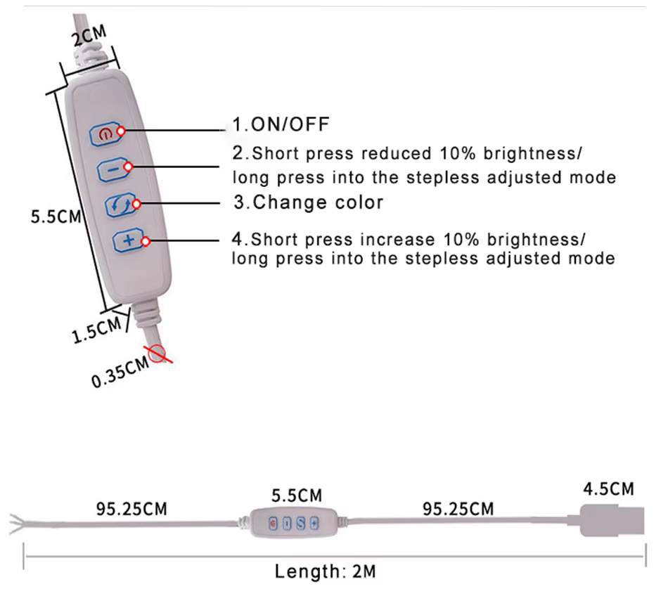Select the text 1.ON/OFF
click(x=281, y=125)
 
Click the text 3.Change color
click(x=309, y=202)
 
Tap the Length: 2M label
click(x=325, y=571)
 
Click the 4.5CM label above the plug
click(x=608, y=488)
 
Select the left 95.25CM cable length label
click(x=131, y=509)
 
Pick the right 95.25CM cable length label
click(x=458, y=508)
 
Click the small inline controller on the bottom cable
click(x=290, y=522)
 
